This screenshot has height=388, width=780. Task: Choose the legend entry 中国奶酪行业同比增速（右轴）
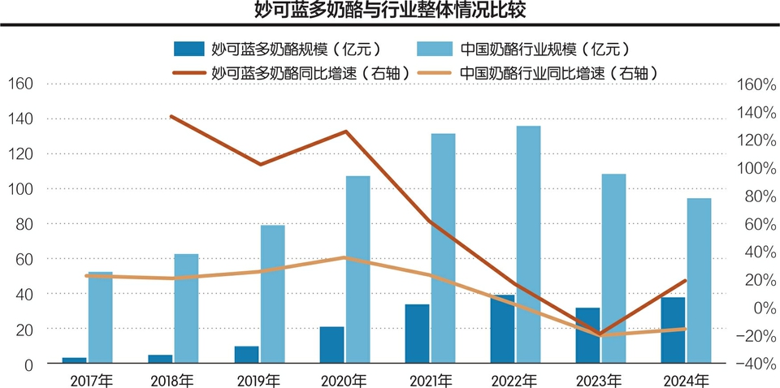coord(552,73)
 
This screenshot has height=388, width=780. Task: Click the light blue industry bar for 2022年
coord(528,244)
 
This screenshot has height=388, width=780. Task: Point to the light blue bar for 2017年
coord(100,317)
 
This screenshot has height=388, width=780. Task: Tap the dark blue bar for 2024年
coord(673,330)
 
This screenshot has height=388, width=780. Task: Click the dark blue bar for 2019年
coord(247,355)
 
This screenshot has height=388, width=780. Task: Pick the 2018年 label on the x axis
coord(172,380)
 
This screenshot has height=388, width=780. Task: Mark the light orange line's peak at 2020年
coord(344,258)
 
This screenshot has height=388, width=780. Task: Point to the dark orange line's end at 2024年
coord(686,281)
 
